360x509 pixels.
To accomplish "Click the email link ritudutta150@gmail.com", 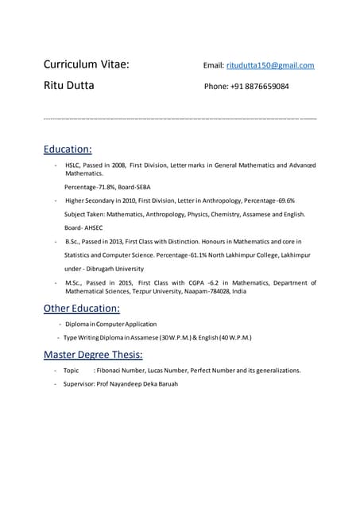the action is click(270, 65).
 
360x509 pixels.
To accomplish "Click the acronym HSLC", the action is click(74, 165).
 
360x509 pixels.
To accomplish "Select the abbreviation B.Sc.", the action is click(75, 241).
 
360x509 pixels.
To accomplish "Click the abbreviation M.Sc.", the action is click(75, 282).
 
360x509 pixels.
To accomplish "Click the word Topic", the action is click(72, 371).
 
